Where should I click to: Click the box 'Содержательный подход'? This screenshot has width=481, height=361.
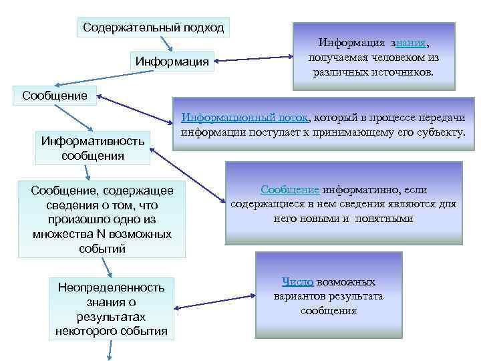[x=153, y=28]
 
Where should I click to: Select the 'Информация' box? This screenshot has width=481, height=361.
[x=172, y=62]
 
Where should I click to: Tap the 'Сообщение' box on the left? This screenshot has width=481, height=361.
[x=55, y=95]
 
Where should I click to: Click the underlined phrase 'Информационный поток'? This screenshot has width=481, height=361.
[x=245, y=118]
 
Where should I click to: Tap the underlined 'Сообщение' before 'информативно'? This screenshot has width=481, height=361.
[x=290, y=190]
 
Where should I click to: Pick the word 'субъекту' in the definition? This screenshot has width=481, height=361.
[x=436, y=132]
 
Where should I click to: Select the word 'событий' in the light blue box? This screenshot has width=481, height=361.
[x=102, y=249]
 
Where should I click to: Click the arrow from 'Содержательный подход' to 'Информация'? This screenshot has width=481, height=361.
[x=167, y=43]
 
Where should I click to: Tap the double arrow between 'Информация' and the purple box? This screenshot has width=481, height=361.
[x=253, y=60]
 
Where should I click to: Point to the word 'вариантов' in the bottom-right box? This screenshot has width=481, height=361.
[x=298, y=296]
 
